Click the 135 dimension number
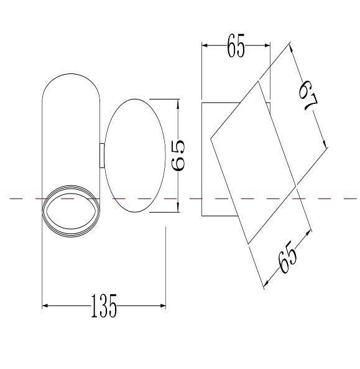coord(104,306)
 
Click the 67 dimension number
coord(308,95)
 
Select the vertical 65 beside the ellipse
coord(178,156)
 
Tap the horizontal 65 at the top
coord(236,45)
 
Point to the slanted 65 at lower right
coord(287,257)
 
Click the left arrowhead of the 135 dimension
coord(45,306)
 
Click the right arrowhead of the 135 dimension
coord(163,306)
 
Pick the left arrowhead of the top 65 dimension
coord(205,45)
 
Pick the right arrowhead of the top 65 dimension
coord(267,45)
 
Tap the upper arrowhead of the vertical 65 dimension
coord(178,103)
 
